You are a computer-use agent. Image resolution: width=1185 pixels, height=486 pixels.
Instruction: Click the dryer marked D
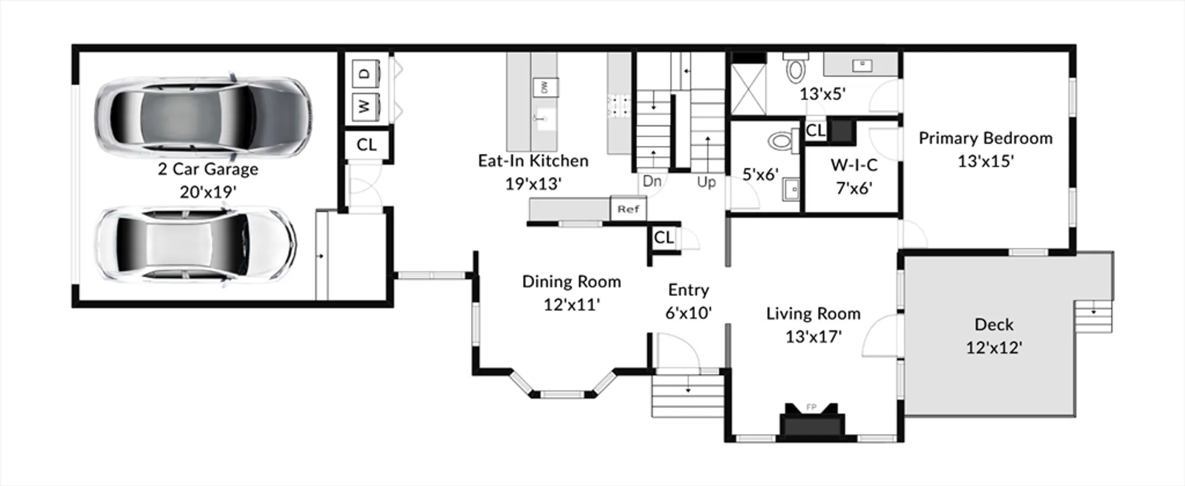pos(365,73)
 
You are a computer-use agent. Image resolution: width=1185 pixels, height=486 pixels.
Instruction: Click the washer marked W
pos(365,107)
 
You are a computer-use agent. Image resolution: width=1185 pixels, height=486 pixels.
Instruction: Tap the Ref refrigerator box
pos(628,209)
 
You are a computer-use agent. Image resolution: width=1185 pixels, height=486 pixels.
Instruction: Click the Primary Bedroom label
pos(985,138)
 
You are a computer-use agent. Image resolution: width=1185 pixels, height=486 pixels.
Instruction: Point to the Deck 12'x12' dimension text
pos(994,347)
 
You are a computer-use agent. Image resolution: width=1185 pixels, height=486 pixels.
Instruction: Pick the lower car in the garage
pos(196,244)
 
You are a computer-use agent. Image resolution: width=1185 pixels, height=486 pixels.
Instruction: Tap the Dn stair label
pos(652,181)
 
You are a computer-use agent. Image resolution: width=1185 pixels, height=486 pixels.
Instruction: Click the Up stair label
pos(706,182)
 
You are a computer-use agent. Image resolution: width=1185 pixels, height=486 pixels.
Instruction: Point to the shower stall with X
pos(748,89)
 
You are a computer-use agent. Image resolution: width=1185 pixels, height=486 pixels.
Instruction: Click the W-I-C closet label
pos(854,165)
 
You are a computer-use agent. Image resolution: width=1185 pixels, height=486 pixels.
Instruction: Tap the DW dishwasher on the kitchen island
pos(545,87)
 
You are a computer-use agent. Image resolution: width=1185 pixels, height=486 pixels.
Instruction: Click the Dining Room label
pos(571,282)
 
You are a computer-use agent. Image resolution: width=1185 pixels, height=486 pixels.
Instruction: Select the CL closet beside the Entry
pos(664,238)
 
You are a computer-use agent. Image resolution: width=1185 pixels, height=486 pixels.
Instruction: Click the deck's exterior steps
pos(1093,317)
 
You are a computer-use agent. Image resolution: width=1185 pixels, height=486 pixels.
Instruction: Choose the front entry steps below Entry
pos(688,395)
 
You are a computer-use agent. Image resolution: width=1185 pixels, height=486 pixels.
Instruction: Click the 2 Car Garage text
pos(208,169)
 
